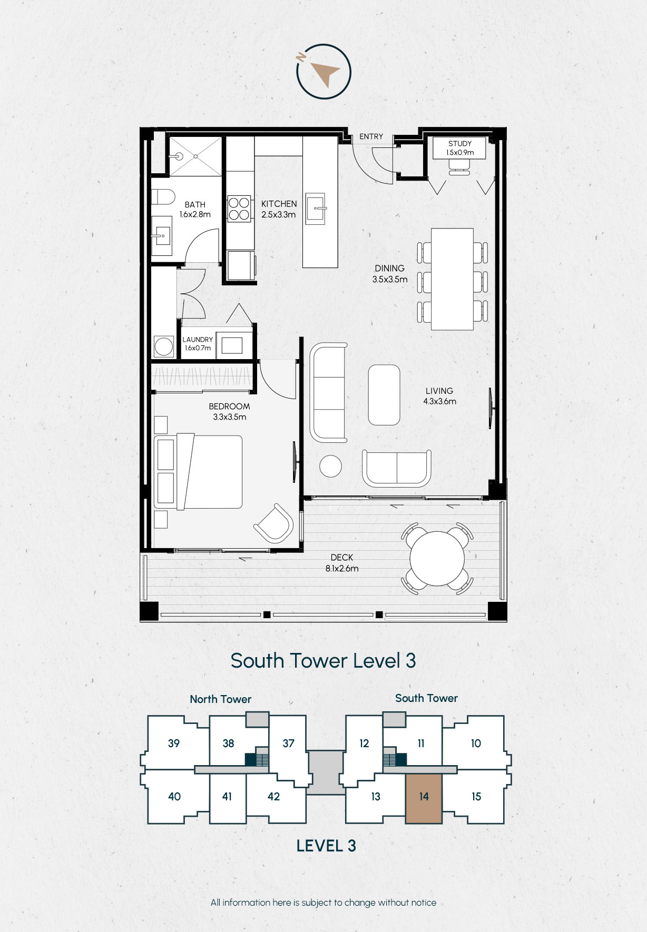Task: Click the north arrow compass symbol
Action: pyautogui.click(x=323, y=72)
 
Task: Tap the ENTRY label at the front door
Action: pyautogui.click(x=371, y=136)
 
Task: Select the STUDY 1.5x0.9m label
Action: pyautogui.click(x=460, y=148)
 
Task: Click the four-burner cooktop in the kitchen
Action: pyautogui.click(x=239, y=209)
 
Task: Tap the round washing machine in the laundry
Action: pyautogui.click(x=163, y=347)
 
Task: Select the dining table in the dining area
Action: pyautogui.click(x=452, y=279)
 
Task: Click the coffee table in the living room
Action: pyautogui.click(x=384, y=395)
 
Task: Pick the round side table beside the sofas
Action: pyautogui.click(x=330, y=466)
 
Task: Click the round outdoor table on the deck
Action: pyautogui.click(x=437, y=559)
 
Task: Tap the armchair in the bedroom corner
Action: pyautogui.click(x=274, y=523)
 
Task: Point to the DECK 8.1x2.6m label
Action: pyautogui.click(x=342, y=563)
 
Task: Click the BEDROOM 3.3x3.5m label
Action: pyautogui.click(x=229, y=411)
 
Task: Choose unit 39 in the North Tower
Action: pyautogui.click(x=174, y=743)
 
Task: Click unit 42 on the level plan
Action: pyautogui.click(x=274, y=796)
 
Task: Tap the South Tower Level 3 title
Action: pyautogui.click(x=323, y=661)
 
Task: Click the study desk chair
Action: pyautogui.click(x=459, y=167)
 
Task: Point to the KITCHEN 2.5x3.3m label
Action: pyautogui.click(x=279, y=209)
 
